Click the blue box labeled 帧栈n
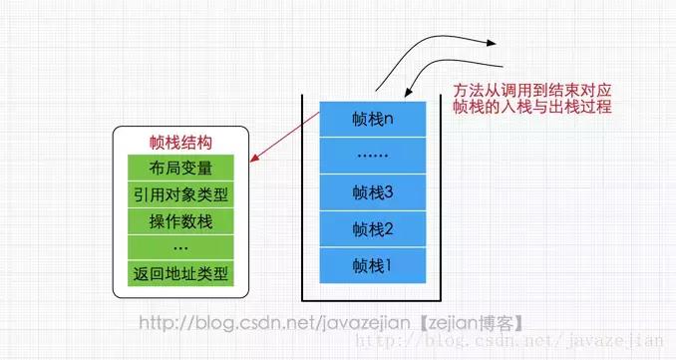pos(374,119)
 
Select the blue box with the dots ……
pos(374,156)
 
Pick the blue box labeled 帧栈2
pos(374,229)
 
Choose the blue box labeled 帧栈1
pos(374,265)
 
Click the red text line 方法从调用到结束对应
pos(531,88)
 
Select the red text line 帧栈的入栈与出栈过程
pos(531,107)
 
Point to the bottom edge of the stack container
pos(374,298)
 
